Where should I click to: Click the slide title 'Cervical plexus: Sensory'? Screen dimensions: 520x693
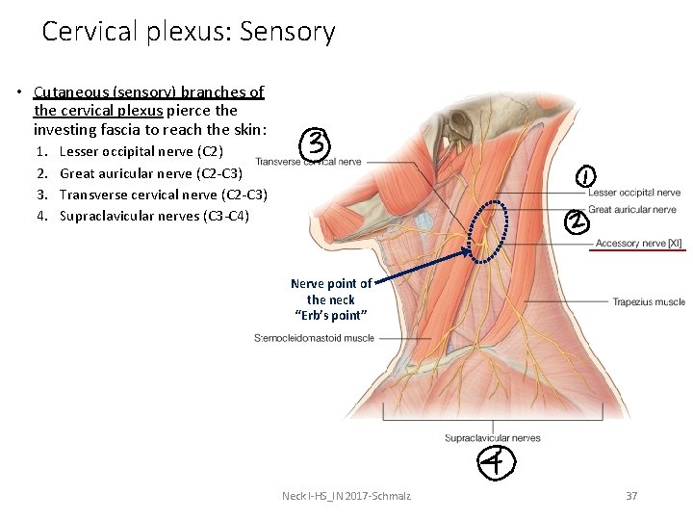pos(188,32)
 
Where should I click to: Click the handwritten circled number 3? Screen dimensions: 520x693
pos(317,145)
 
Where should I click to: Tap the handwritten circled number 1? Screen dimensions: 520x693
pos(587,176)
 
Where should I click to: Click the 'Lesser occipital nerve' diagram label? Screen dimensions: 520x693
pos(633,193)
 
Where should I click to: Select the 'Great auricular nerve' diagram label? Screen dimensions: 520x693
pos(633,209)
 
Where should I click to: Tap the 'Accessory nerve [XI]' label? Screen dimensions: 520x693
pos(638,244)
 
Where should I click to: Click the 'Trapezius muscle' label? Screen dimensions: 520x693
pos(649,302)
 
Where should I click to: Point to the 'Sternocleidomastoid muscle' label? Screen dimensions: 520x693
pos(314,338)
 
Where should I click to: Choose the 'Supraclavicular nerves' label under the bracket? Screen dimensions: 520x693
pos(492,438)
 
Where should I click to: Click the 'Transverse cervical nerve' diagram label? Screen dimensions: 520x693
pos(308,162)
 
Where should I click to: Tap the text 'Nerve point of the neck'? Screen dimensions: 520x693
pos(330,292)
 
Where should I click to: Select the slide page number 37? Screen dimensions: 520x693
pos(631,496)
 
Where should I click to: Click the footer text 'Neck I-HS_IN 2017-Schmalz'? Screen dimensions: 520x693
pos(346,496)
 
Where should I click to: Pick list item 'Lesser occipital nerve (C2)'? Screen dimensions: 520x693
pos(141,151)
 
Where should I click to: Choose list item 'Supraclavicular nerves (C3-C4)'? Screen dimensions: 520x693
pos(154,216)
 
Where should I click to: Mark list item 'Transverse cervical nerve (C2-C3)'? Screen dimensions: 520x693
pos(163,195)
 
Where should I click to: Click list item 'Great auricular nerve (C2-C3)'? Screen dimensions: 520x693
pos(150,173)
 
